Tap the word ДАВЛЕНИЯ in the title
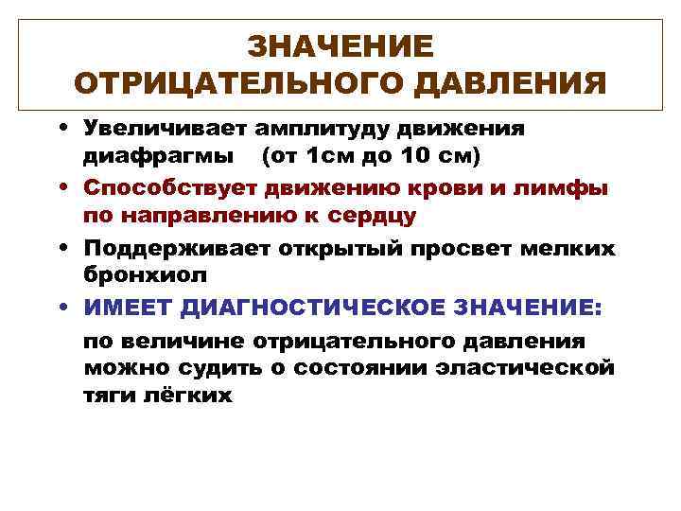coord(516,84)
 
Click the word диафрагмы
coord(155,154)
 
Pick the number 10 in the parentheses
coord(412,154)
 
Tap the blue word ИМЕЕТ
coord(127,308)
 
